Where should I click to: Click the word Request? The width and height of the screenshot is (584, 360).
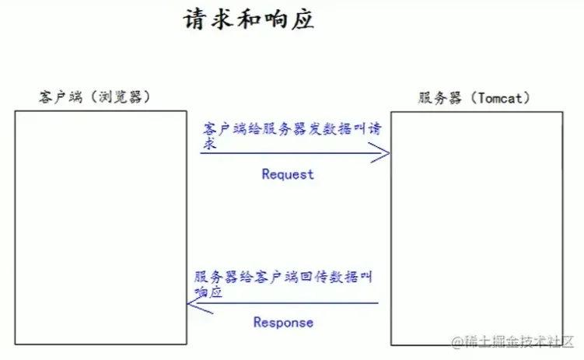click(x=288, y=174)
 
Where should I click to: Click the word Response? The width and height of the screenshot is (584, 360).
click(x=284, y=322)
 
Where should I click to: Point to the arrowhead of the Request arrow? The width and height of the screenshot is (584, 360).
click(x=383, y=154)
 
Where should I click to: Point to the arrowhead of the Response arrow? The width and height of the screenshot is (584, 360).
click(x=193, y=304)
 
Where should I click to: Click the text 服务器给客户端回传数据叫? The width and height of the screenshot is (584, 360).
click(x=285, y=276)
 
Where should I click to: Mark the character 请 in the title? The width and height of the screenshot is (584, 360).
click(x=195, y=19)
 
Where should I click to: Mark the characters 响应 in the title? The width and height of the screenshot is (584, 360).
click(x=289, y=19)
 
